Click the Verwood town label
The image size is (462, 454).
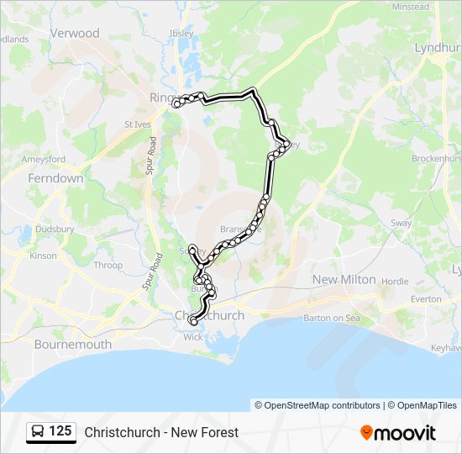coord(75,34)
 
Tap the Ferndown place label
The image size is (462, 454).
coord(55,178)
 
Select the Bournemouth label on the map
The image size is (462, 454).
coord(73,344)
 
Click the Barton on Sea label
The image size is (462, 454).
coord(330,318)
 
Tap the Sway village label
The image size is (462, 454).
coord(401,223)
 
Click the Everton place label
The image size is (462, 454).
coord(427,298)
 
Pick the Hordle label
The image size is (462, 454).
coord(395,282)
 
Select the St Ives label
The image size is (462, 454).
coord(136,125)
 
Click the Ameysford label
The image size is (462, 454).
coord(44,159)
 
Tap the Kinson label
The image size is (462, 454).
coord(44,256)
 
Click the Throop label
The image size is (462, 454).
coord(108,265)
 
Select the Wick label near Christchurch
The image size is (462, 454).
coord(193,336)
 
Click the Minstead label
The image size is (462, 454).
coord(410,7)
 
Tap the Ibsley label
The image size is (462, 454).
coord(181,34)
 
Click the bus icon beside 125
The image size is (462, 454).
coord(38,432)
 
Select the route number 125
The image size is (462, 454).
coord(60,431)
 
